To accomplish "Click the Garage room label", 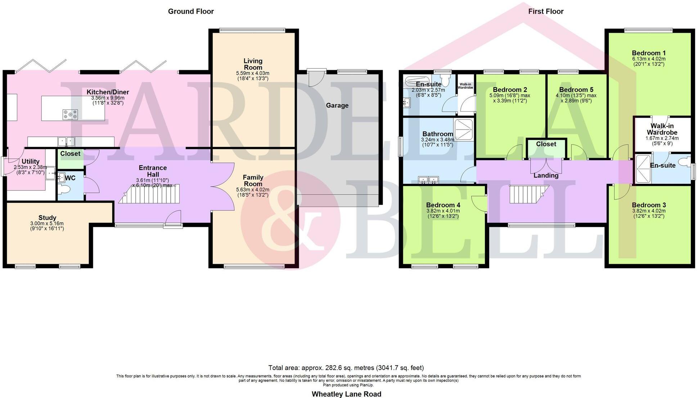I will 337,105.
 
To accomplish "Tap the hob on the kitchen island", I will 70,114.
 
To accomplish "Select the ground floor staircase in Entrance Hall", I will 149,194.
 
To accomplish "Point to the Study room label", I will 47,218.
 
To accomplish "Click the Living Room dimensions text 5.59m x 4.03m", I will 253,73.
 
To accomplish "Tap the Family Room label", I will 253,180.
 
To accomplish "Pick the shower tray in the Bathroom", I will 464,130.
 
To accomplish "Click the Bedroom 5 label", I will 576,90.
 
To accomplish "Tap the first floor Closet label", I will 546,144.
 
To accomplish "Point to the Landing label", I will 546,176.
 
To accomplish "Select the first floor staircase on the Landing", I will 529,194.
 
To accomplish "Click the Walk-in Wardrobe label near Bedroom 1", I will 662,129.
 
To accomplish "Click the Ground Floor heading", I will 191,12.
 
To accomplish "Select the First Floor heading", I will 545,12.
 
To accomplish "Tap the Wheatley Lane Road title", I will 346,394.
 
